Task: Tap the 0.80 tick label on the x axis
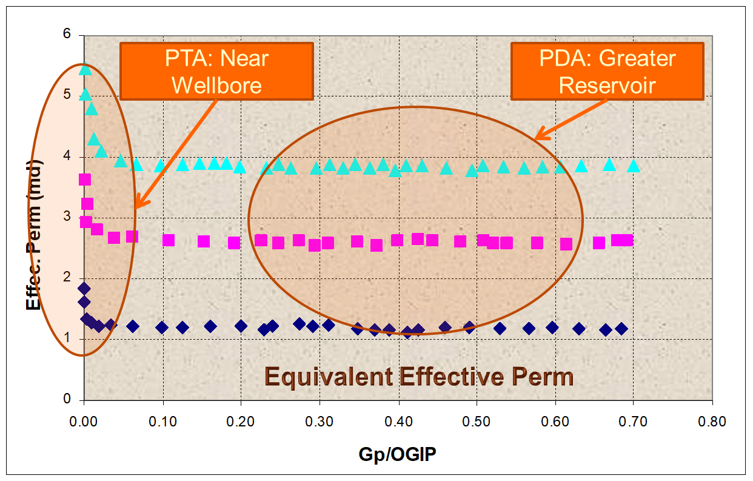click(x=712, y=421)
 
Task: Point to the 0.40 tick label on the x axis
click(x=398, y=421)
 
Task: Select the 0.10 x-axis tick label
click(x=162, y=421)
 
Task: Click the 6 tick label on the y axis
click(x=68, y=35)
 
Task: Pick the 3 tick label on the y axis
click(x=68, y=217)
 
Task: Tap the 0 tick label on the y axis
click(x=68, y=400)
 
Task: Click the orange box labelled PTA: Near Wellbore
click(x=216, y=71)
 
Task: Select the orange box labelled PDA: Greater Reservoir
click(x=607, y=71)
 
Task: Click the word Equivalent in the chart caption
click(x=329, y=377)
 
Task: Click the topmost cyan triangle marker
click(x=85, y=69)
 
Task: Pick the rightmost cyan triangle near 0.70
click(x=634, y=166)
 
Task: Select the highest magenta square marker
click(x=85, y=180)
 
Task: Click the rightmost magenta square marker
click(x=626, y=240)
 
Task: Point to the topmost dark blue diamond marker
click(x=84, y=288)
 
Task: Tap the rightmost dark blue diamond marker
click(x=621, y=329)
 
